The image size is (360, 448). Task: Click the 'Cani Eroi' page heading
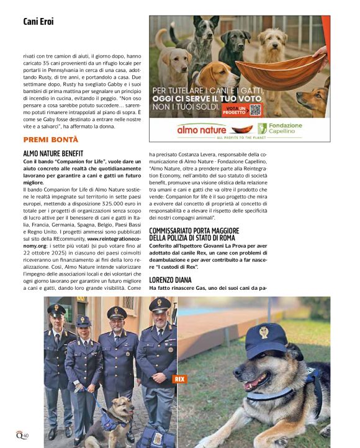click(x=38, y=22)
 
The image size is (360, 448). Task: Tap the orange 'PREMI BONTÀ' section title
click(x=51, y=140)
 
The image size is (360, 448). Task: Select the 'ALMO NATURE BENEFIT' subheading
click(x=53, y=152)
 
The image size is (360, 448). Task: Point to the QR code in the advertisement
click(x=255, y=110)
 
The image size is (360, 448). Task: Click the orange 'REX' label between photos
click(x=179, y=379)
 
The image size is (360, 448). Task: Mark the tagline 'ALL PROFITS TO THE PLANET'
click(x=239, y=138)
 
